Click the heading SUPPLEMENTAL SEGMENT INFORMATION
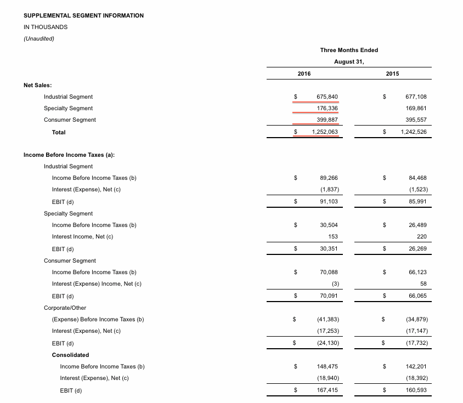pyautogui.click(x=83, y=15)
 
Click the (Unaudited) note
pyautogui.click(x=39, y=38)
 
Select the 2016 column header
pyautogui.click(x=303, y=74)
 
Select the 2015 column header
pyautogui.click(x=392, y=74)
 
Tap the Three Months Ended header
pyautogui.click(x=349, y=50)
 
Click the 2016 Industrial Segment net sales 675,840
pyautogui.click(x=328, y=97)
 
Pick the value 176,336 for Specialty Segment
pyautogui.click(x=328, y=109)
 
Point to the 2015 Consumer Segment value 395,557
pyautogui.click(x=415, y=120)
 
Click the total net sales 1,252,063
pyautogui.click(x=325, y=132)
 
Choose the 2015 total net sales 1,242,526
pyautogui.click(x=413, y=132)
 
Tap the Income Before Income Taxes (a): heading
pyautogui.click(x=69, y=155)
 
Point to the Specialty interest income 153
pyautogui.click(x=333, y=237)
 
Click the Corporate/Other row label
pyautogui.click(x=65, y=308)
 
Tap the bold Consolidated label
pyautogui.click(x=70, y=355)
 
